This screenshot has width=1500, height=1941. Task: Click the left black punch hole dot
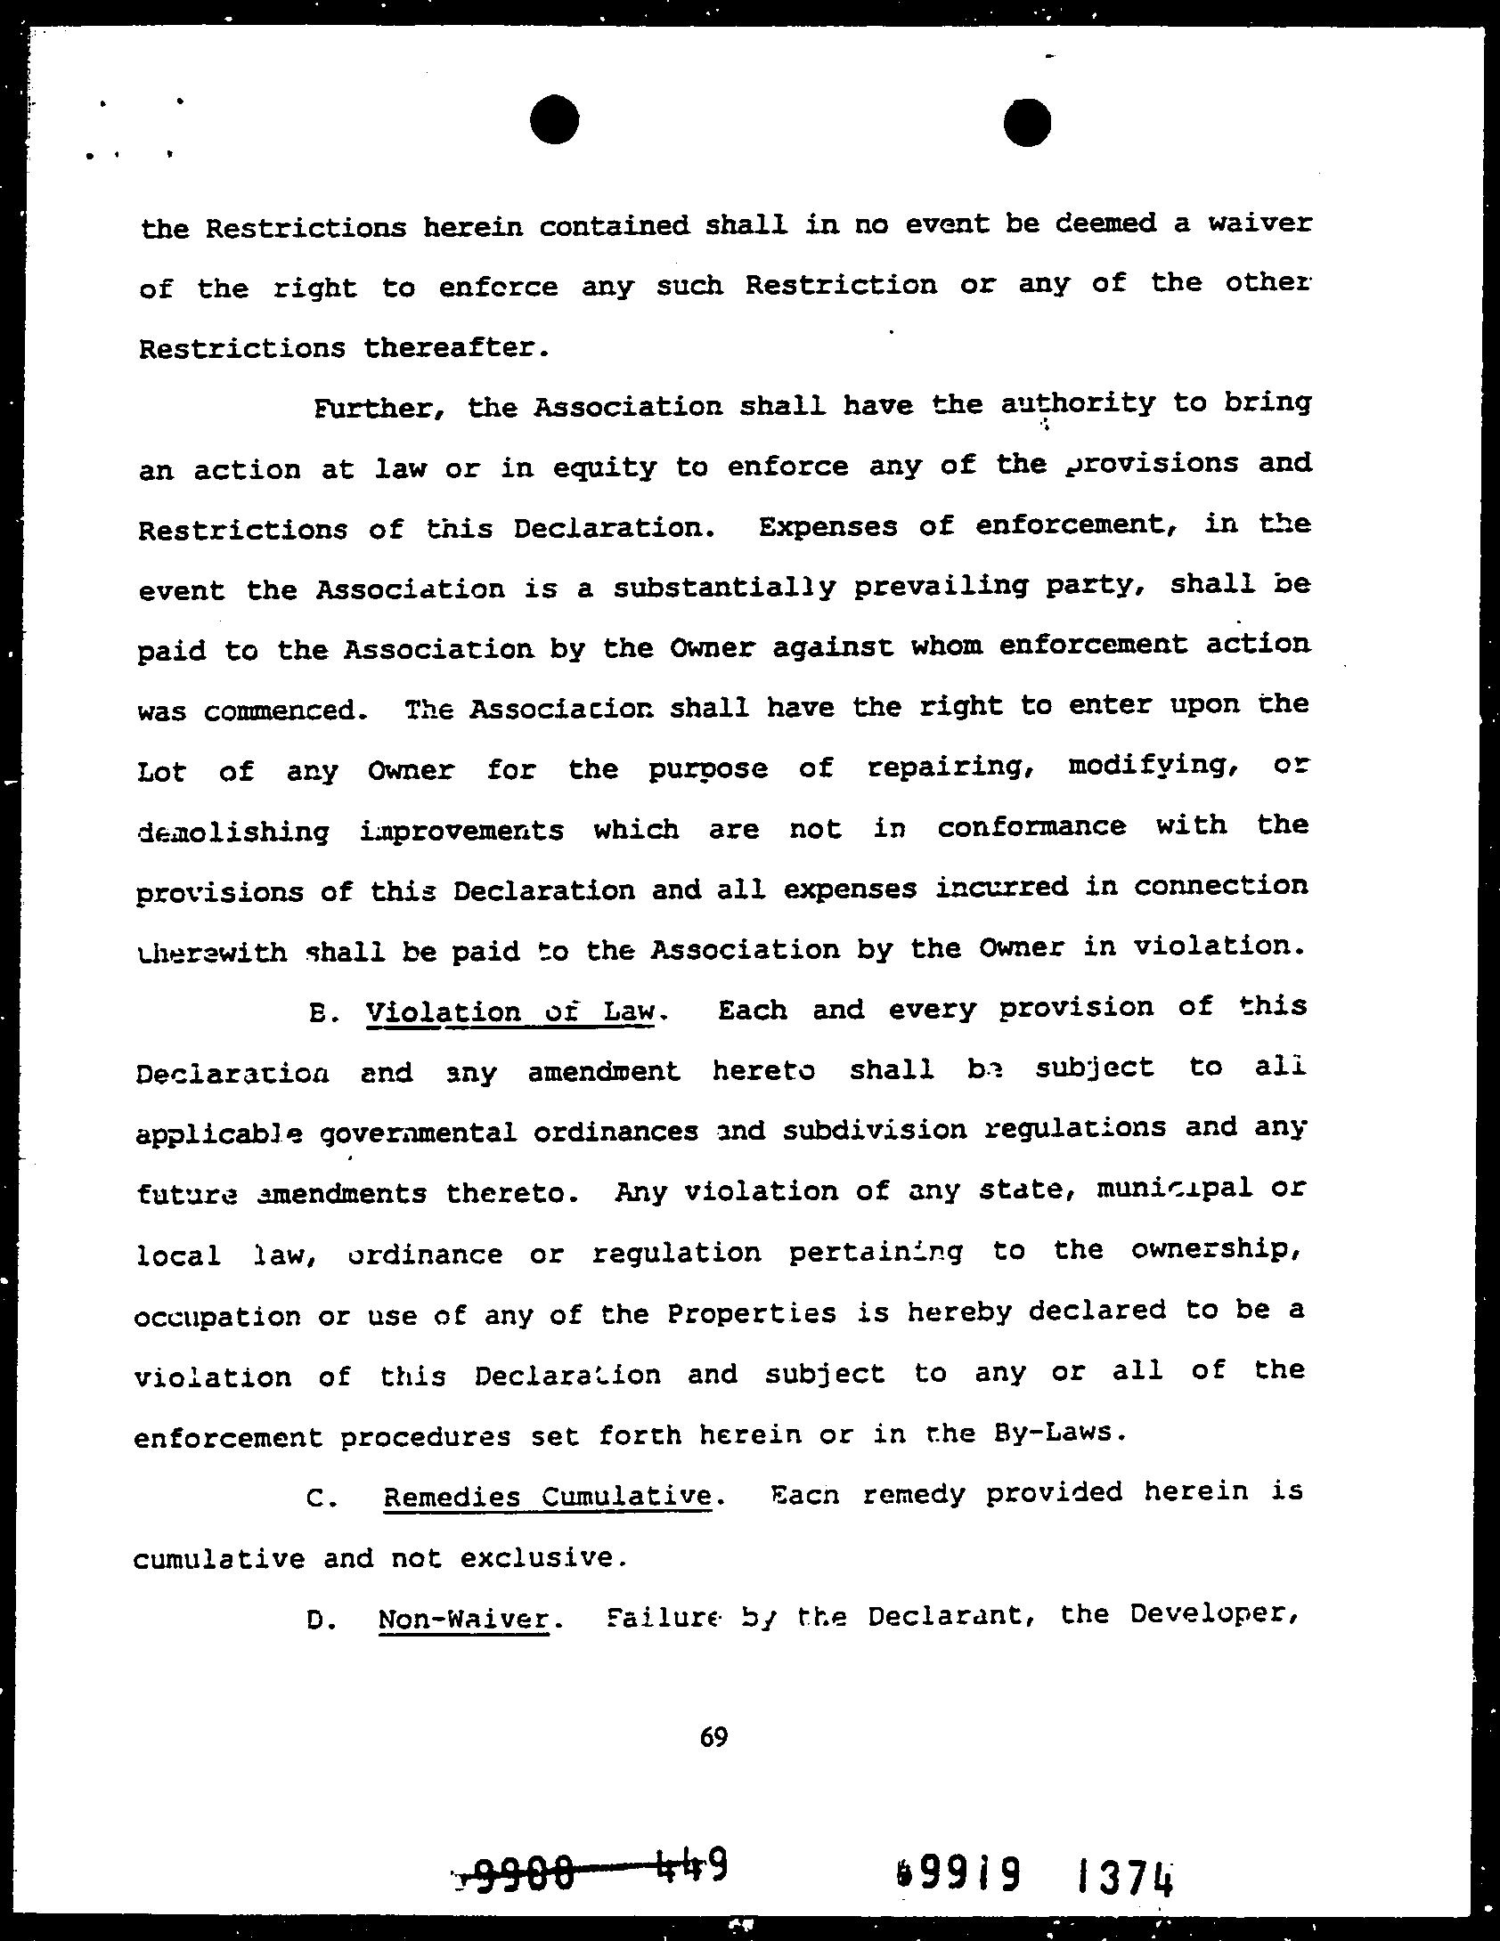pyautogui.click(x=554, y=119)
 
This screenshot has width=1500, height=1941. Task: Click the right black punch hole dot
pyautogui.click(x=1026, y=122)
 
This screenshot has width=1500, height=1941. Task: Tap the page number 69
pyautogui.click(x=713, y=1736)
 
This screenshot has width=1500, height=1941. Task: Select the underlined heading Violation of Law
pyautogui.click(x=511, y=1011)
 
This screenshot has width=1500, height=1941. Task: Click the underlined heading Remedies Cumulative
pyautogui.click(x=548, y=1496)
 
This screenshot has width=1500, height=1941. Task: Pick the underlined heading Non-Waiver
pyautogui.click(x=463, y=1619)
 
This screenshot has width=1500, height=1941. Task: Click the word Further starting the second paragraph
pyautogui.click(x=367, y=409)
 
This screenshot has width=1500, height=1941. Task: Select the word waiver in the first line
pyautogui.click(x=1260, y=223)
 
